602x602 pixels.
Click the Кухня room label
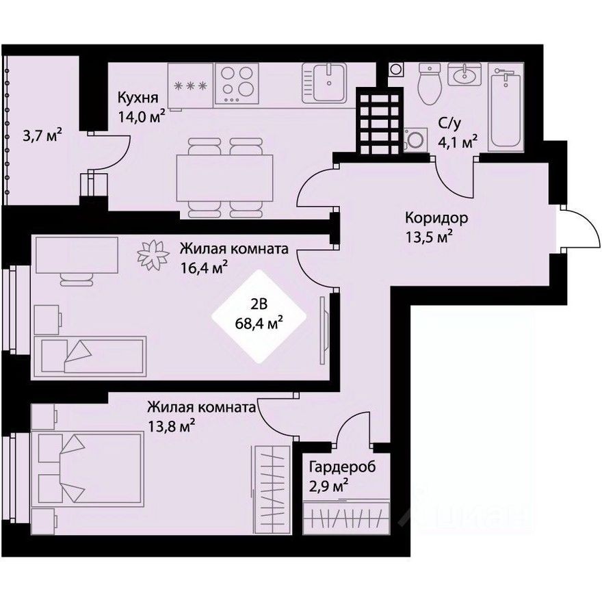[x=133, y=97]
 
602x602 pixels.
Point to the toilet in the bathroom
[x=429, y=84]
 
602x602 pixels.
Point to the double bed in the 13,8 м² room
[x=89, y=471]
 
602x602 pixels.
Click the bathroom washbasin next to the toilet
[x=464, y=74]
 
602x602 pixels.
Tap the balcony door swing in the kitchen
[x=109, y=148]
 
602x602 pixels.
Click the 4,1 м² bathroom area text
[x=458, y=143]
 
